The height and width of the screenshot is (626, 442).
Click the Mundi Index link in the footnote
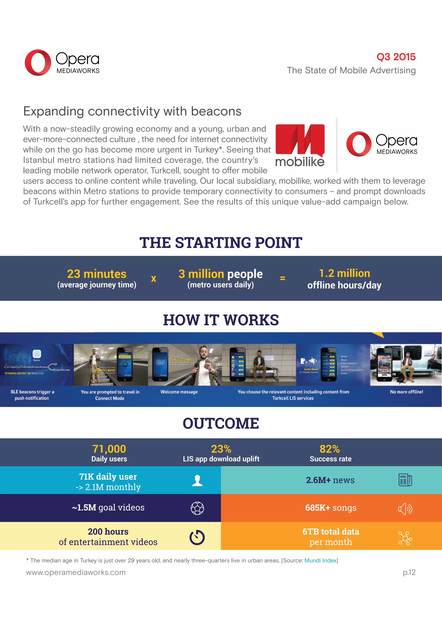320,560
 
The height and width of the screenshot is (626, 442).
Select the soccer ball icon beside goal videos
197,508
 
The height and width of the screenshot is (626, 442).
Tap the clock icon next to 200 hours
197,538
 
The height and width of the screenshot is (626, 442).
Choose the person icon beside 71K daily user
197,480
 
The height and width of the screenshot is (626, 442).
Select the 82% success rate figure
330,449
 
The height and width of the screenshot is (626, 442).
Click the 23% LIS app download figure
221,449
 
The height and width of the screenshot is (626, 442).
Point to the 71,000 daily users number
109,449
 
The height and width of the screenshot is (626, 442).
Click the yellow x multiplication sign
154,279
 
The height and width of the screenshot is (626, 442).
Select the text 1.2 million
344,273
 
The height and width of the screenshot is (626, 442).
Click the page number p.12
409,572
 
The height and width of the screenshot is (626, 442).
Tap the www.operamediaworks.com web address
76,572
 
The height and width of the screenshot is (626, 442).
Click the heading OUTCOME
221,423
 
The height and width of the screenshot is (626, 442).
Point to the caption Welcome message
179,392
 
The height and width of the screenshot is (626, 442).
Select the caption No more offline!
406,392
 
